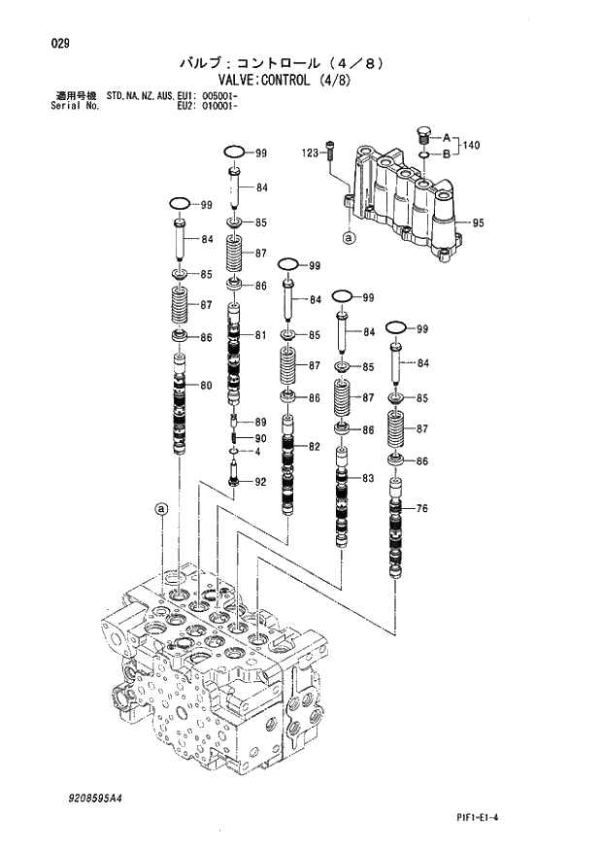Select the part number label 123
click(x=310, y=153)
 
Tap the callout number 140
click(x=471, y=146)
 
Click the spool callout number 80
click(x=206, y=386)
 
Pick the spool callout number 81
click(x=261, y=335)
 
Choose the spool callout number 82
click(x=314, y=446)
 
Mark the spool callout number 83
click(x=366, y=478)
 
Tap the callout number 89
click(x=260, y=422)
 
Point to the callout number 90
click(x=260, y=438)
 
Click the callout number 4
click(x=257, y=452)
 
